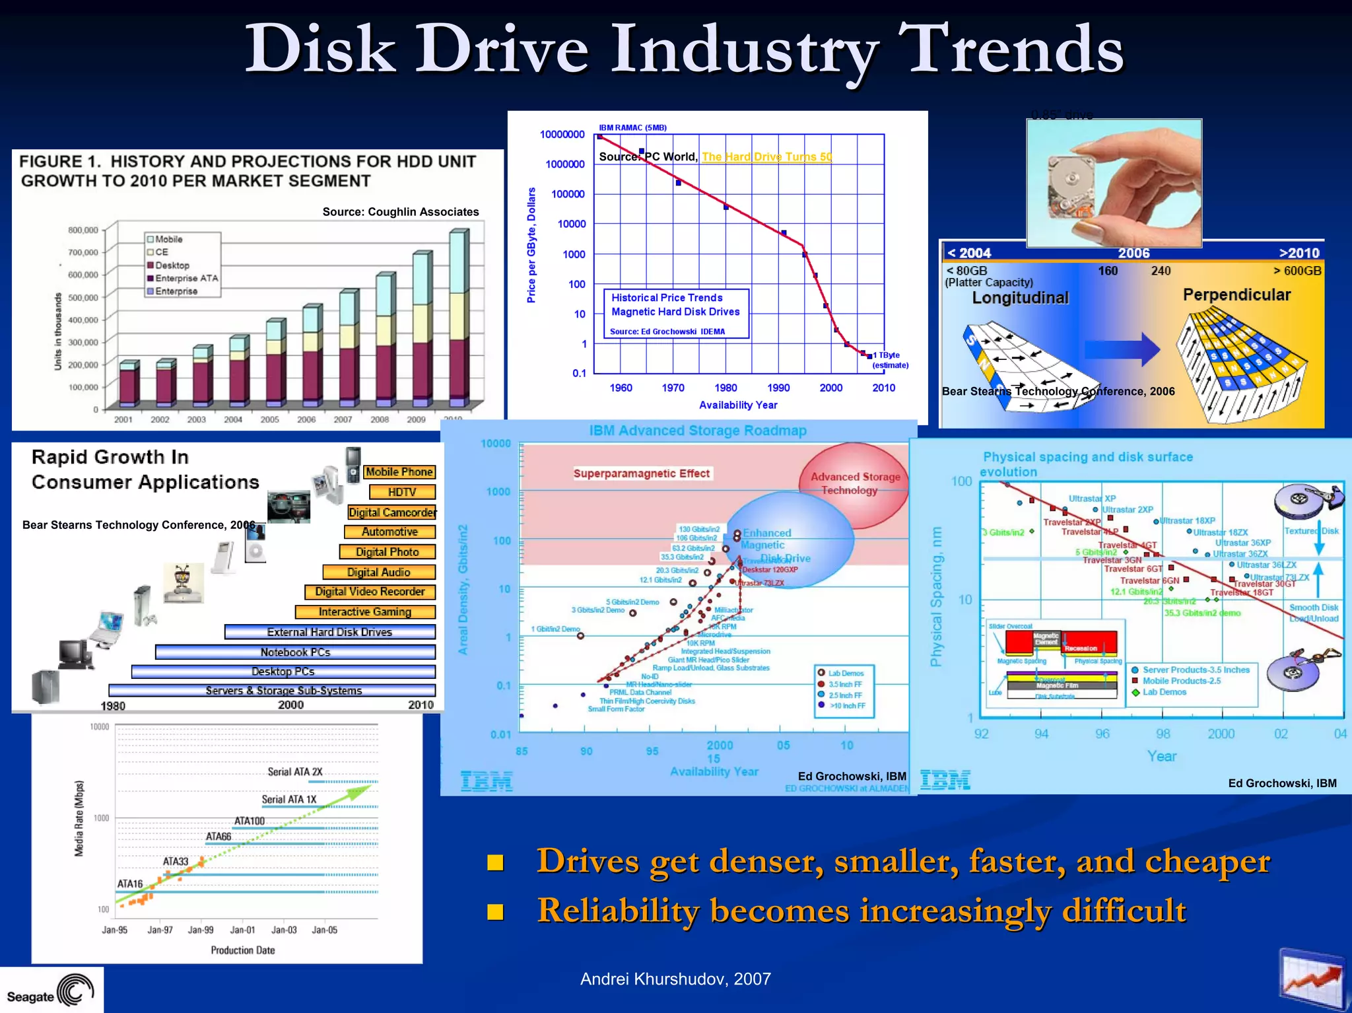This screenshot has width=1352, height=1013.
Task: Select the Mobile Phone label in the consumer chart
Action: coord(399,472)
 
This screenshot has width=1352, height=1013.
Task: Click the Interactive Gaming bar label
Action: coord(365,612)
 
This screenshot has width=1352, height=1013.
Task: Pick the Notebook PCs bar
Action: coord(295,652)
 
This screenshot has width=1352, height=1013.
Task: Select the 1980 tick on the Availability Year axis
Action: coord(726,388)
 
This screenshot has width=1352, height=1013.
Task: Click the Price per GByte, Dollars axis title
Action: coord(531,245)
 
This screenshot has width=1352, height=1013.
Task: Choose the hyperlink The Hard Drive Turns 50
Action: coord(766,157)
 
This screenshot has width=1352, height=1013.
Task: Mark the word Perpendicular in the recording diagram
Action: coord(1236,295)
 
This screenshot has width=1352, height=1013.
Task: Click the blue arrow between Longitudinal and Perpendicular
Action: coord(1122,348)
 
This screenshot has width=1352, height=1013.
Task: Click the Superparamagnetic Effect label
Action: coord(641,473)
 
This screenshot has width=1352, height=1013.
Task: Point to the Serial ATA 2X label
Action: coord(294,772)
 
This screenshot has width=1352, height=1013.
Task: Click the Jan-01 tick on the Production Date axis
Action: coord(242,930)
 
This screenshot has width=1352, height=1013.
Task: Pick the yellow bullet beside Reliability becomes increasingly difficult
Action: coord(495,912)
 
